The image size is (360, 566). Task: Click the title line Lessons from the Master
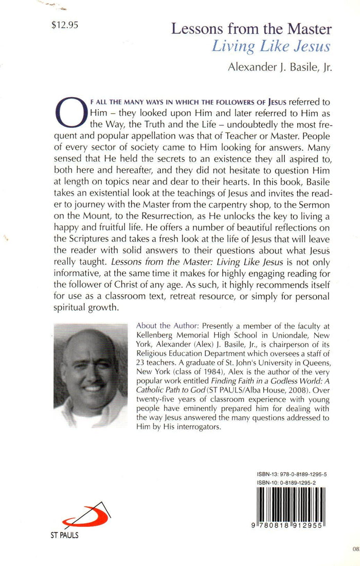(x=251, y=29)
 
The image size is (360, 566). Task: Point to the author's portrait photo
(x=90, y=375)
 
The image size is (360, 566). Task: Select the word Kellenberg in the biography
(x=156, y=336)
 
